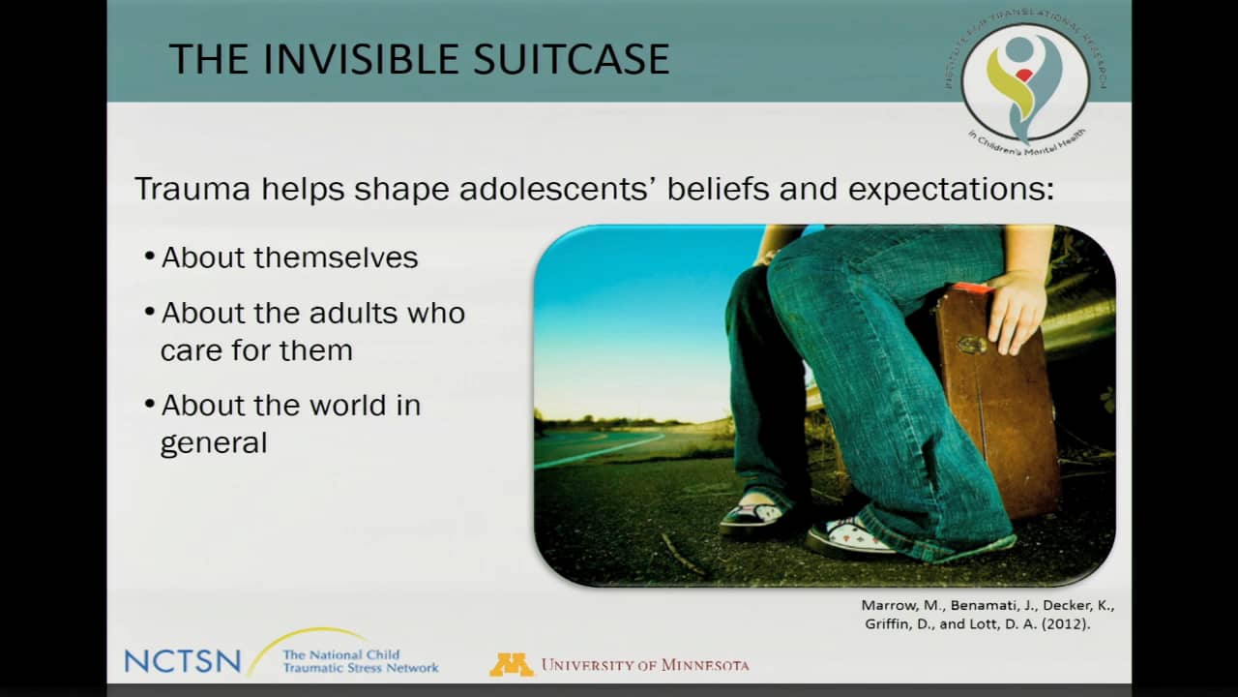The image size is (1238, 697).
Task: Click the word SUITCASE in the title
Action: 571,59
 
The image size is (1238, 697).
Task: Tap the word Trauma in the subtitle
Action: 192,189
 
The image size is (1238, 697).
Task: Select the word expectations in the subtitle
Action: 951,189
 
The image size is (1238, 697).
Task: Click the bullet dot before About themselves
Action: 149,257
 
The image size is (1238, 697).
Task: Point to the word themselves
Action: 336,258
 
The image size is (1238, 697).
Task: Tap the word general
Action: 214,443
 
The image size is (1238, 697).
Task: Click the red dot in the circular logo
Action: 1023,76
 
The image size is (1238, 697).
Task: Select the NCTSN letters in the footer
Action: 183,661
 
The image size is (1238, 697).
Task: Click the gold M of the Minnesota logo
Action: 512,665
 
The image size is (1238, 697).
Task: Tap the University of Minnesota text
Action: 645,665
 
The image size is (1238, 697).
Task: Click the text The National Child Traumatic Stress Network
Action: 361,661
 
